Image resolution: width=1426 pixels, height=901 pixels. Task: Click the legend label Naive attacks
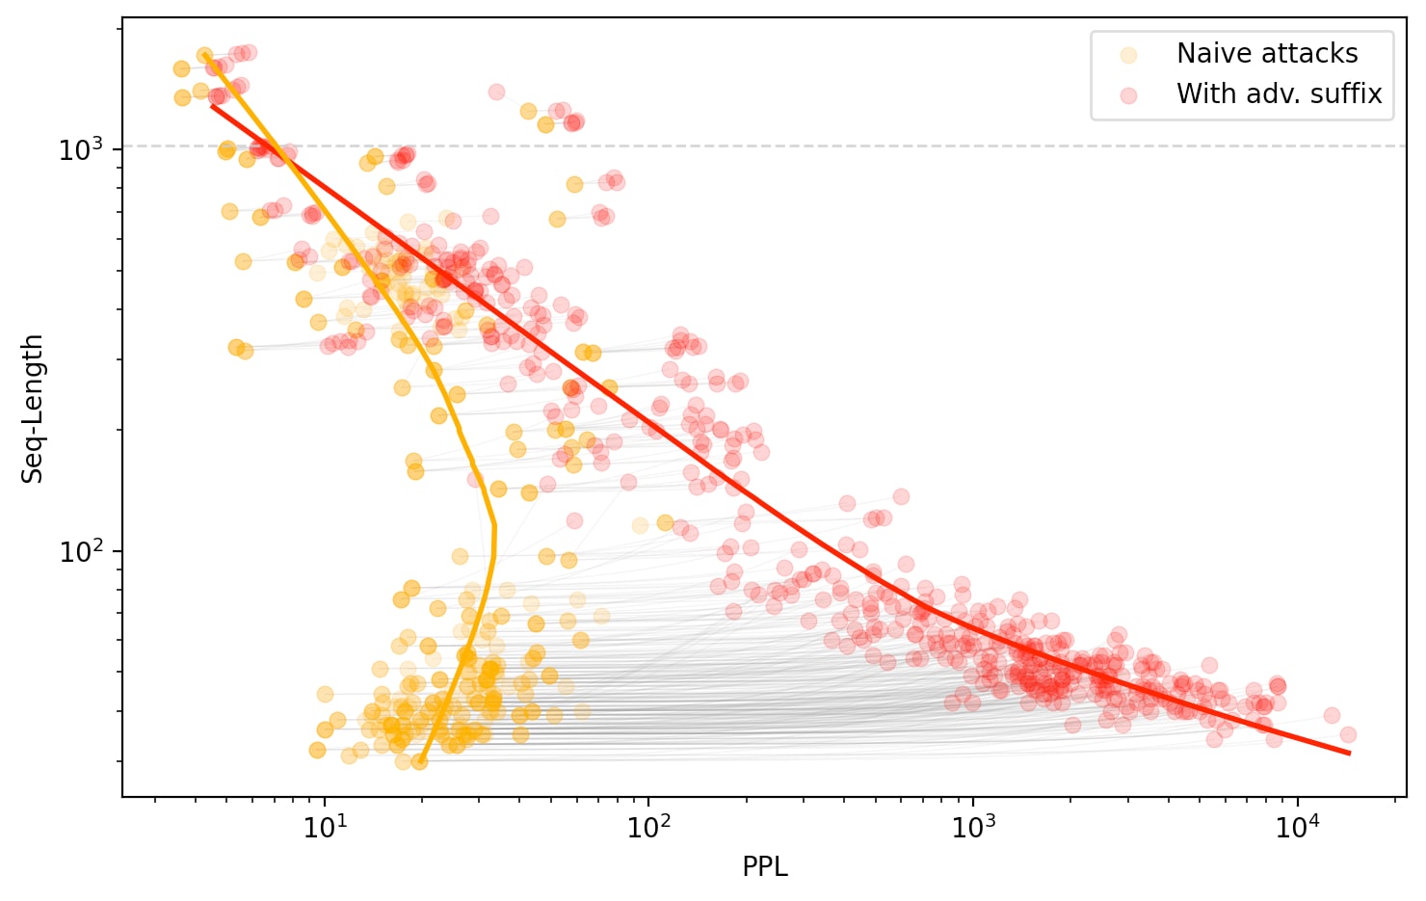1266,54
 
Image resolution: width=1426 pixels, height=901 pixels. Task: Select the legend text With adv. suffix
1279,94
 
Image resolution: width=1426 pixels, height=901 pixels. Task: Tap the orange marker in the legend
1128,55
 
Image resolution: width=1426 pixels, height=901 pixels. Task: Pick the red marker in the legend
1128,95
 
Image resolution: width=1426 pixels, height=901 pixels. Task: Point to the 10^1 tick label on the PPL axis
325,828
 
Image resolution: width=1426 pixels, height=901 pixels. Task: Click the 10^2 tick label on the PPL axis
648,828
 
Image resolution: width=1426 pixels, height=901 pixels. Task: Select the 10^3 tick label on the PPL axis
973,828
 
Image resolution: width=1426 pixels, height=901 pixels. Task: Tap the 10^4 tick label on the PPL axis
1297,828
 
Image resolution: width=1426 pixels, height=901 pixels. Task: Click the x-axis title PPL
764,867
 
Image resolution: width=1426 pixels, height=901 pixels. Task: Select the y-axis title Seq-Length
33,409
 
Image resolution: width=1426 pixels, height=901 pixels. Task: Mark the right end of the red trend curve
1349,754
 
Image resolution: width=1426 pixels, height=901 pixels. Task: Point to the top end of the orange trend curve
205,56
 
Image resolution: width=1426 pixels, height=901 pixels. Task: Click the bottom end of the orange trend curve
419,761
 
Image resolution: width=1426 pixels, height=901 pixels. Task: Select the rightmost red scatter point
1348,734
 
